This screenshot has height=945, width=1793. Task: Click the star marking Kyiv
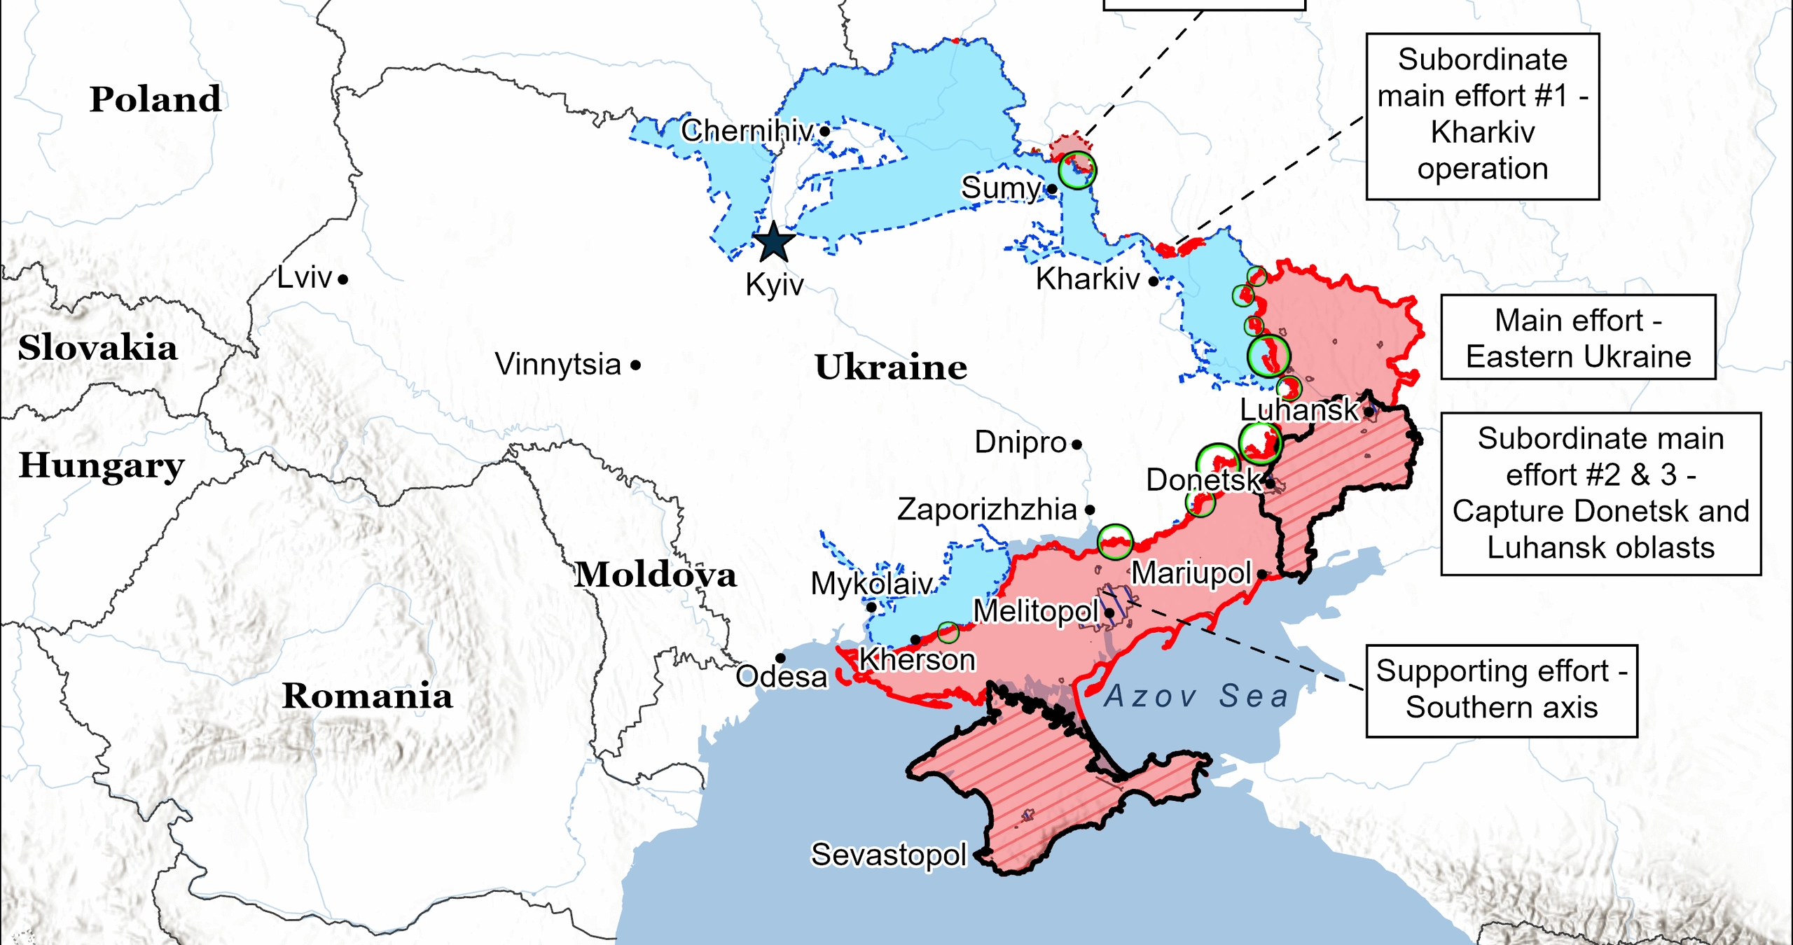pos(774,243)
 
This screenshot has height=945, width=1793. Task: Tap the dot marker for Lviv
pos(342,280)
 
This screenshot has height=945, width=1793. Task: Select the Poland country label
pos(155,99)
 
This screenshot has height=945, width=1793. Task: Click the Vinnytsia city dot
pos(635,365)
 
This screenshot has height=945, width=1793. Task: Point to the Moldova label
pos(656,575)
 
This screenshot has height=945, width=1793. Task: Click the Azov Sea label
pos(1196,696)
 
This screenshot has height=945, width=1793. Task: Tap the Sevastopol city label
pos(888,855)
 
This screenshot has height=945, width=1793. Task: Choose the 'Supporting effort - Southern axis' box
pos(1501,690)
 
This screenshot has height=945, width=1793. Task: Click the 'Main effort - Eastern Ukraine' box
pos(1577,338)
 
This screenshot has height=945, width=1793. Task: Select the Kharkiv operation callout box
pos(1482,116)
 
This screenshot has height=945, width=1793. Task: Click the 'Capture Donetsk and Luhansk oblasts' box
pos(1600,493)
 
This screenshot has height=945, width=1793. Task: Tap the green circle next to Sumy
pos(1077,170)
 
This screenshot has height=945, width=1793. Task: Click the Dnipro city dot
pos(1077,444)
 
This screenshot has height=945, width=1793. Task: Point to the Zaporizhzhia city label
pos(986,510)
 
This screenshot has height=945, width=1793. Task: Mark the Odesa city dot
pos(780,658)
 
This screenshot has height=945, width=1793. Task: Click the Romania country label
pos(367,696)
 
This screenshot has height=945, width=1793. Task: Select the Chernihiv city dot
pos(825,131)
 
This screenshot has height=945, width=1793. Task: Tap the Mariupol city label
pos(1191,573)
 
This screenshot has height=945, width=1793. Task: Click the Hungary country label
pos(102,466)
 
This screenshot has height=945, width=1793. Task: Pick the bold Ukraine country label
pos(890,367)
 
